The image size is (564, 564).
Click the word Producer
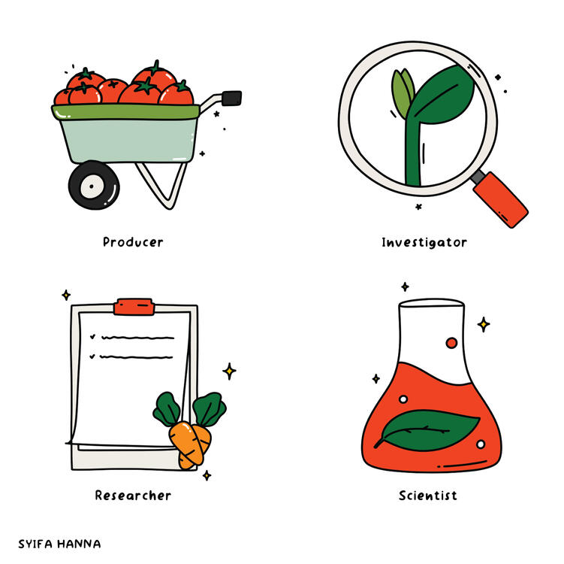(x=133, y=242)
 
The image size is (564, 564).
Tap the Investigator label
(x=424, y=242)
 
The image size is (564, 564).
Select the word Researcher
(x=133, y=496)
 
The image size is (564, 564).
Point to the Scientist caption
(x=427, y=496)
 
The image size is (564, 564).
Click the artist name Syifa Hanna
(x=59, y=543)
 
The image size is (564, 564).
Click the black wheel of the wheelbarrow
(x=94, y=185)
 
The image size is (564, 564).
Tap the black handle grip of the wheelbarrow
(x=232, y=97)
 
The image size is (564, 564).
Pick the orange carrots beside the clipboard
(x=189, y=444)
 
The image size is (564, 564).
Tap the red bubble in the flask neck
(x=451, y=343)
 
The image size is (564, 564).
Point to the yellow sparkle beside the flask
(x=484, y=324)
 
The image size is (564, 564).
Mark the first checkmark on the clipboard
(x=92, y=336)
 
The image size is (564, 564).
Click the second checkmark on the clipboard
(x=92, y=356)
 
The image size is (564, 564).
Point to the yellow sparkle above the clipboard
(x=66, y=295)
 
